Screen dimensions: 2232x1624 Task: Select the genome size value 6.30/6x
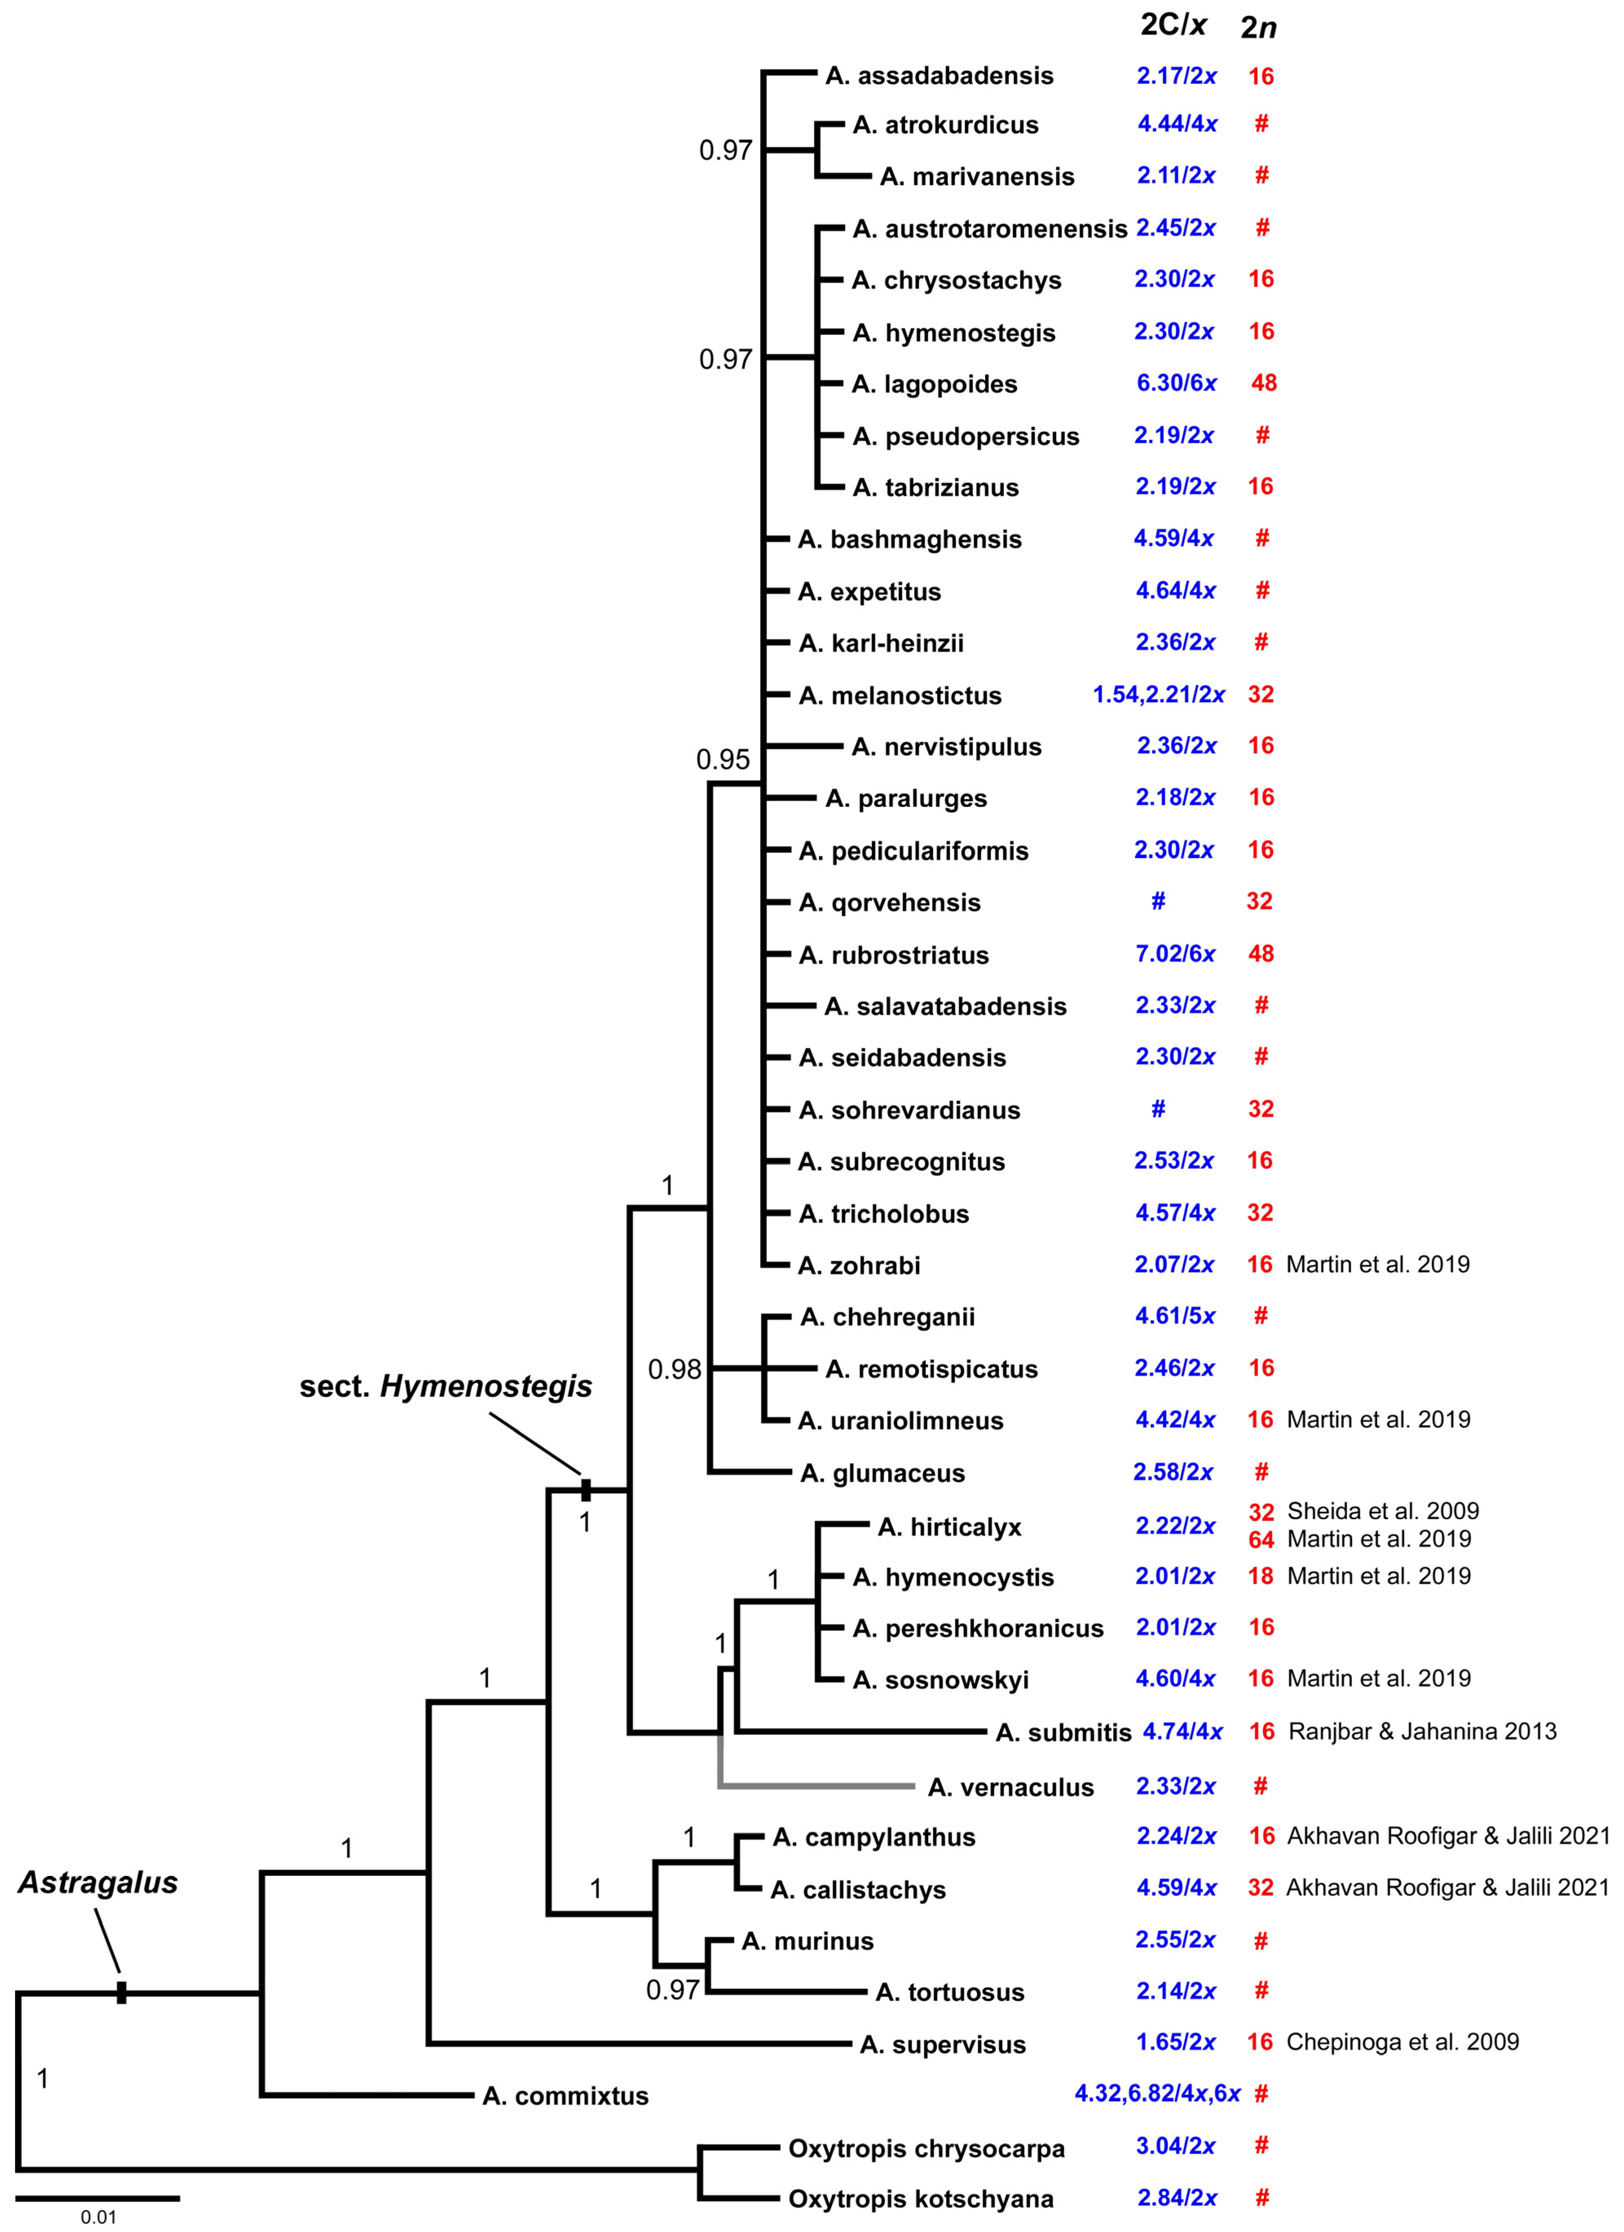tap(1176, 383)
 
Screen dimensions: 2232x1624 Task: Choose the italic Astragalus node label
tap(99, 1882)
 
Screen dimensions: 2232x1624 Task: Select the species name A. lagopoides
tap(935, 384)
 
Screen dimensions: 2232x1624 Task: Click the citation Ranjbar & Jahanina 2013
tap(1422, 1731)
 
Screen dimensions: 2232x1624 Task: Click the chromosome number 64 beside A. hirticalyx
tap(1261, 1539)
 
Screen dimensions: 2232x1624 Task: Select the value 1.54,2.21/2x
tap(1158, 695)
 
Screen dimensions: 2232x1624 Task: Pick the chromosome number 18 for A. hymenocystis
tap(1261, 1576)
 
